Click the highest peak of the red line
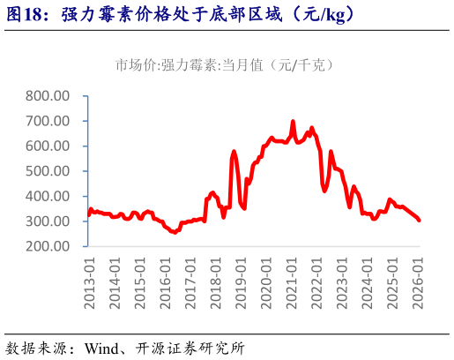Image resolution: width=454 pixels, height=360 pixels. pyautogui.click(x=293, y=122)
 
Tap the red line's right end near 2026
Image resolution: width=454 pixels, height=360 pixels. pyautogui.click(x=419, y=220)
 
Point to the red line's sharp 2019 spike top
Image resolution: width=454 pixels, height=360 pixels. pyautogui.click(x=234, y=152)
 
